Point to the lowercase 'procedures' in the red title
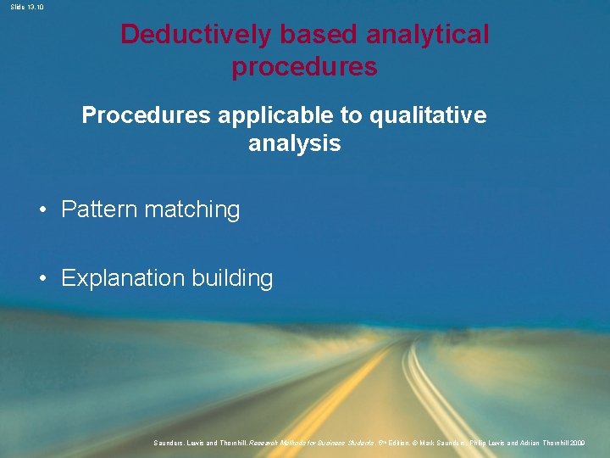pyautogui.click(x=304, y=67)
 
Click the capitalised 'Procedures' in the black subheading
pyautogui.click(x=146, y=115)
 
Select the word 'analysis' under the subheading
pyautogui.click(x=294, y=143)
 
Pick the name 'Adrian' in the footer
pyautogui.click(x=523, y=443)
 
